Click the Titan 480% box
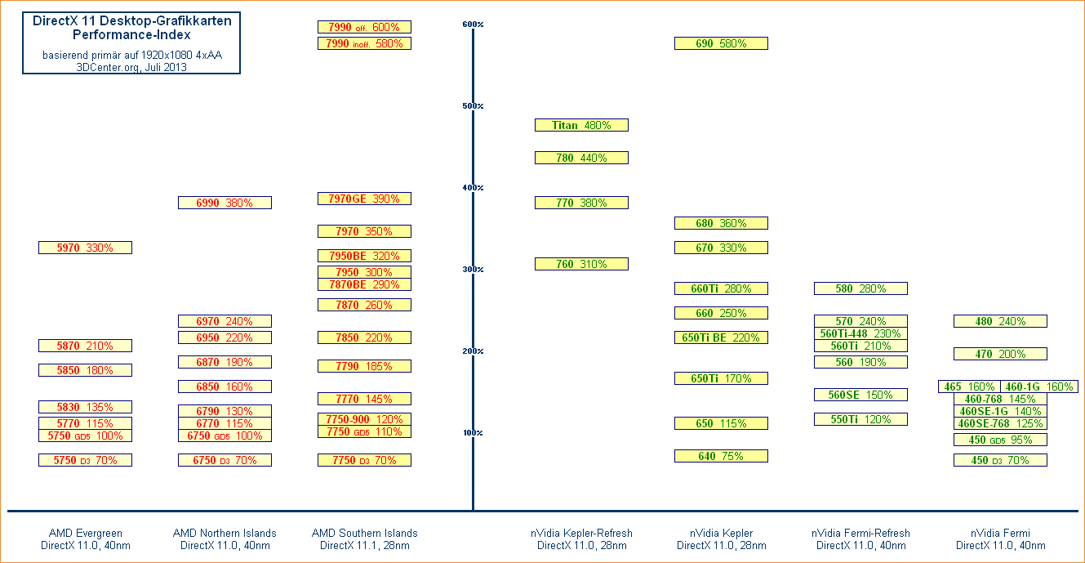click(x=581, y=125)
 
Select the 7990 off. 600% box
click(x=364, y=27)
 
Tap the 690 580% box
click(x=721, y=43)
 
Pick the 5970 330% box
click(x=85, y=248)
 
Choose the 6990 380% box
click(x=225, y=203)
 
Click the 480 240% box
click(x=1000, y=321)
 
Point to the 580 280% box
click(x=860, y=288)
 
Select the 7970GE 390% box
click(x=364, y=199)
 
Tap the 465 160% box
click(x=969, y=387)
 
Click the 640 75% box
click(x=721, y=456)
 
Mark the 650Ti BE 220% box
click(x=721, y=337)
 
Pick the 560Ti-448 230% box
click(x=860, y=333)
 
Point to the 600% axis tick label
click(x=473, y=25)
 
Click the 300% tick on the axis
click(x=473, y=270)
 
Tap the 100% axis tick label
click(x=473, y=433)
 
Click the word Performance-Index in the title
click(x=131, y=35)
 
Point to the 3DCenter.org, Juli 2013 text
click(x=131, y=68)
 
